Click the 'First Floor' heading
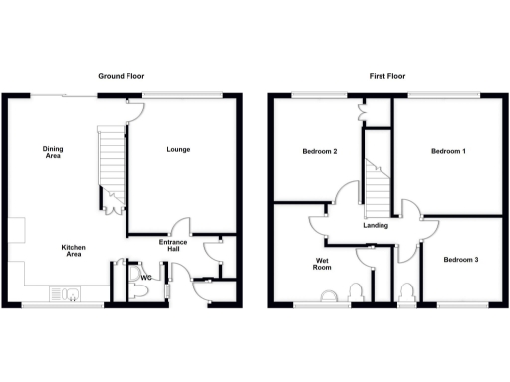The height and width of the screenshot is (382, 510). (x=387, y=76)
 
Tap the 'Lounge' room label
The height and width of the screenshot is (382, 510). (x=179, y=150)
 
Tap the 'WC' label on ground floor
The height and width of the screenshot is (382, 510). (x=145, y=278)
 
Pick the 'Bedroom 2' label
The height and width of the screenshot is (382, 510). (x=320, y=152)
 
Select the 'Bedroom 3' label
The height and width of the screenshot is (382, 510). (x=461, y=260)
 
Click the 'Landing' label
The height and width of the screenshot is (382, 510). (x=377, y=226)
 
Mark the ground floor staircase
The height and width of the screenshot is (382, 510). (x=110, y=163)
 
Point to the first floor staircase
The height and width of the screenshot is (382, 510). (x=377, y=189)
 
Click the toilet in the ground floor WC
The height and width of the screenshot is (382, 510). (x=141, y=289)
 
